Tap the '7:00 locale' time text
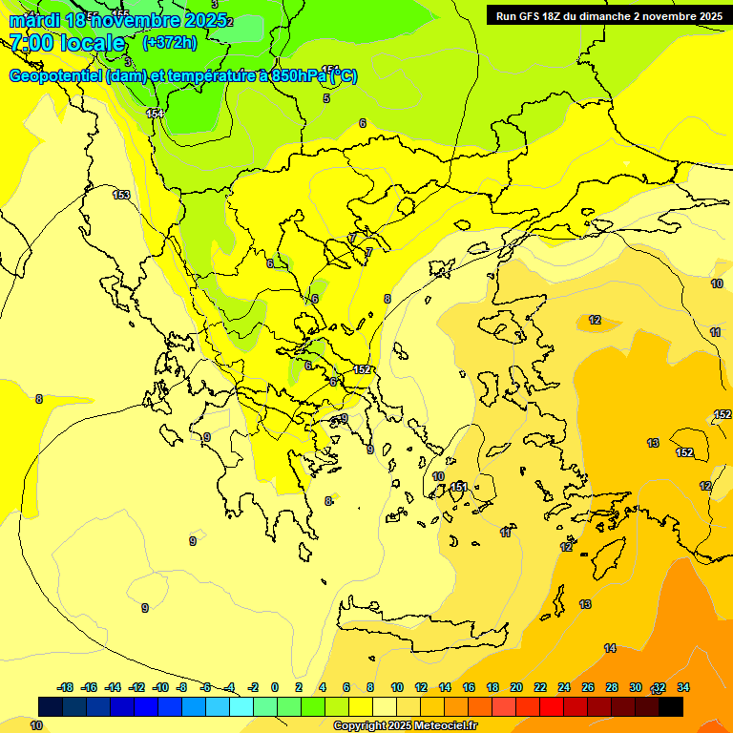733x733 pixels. pos(67,43)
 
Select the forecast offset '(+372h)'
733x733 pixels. pos(169,43)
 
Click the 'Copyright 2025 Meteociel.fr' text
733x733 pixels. pos(405,726)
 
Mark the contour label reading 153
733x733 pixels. pos(121,195)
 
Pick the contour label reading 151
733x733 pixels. pos(459,487)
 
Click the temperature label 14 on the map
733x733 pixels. pos(610,648)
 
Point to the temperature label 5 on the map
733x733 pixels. pos(326,98)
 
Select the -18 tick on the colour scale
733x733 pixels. pos(65,687)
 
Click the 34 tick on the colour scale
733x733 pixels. pos(682,687)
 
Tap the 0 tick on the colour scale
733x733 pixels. pos(274,687)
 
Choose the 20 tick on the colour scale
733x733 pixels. pos(515,687)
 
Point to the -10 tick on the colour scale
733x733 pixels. pos(160,687)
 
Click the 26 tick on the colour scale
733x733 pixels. pos(587,687)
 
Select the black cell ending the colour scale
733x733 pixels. pos(671,706)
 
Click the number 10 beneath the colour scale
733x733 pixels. pos(36,726)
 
